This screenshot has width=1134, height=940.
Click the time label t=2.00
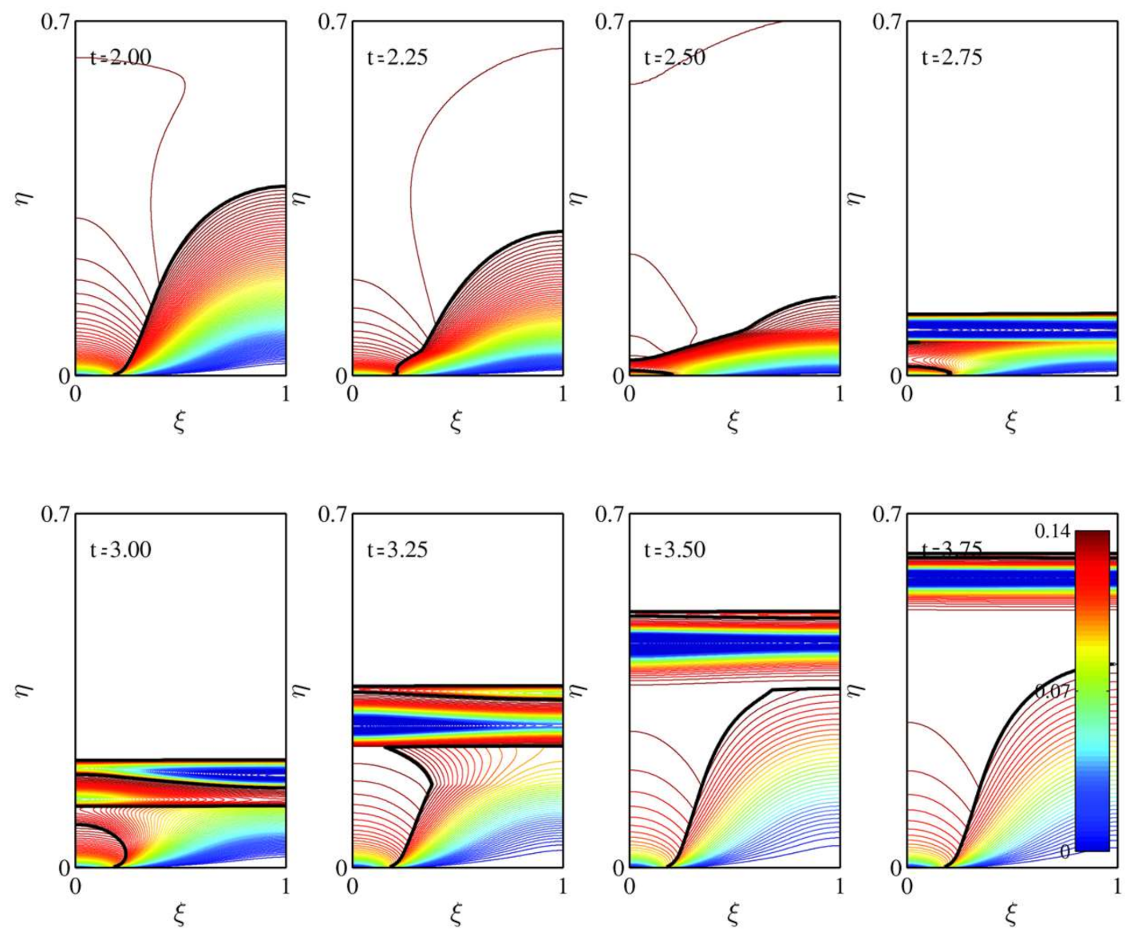[x=121, y=58]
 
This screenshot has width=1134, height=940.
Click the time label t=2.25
[x=397, y=58]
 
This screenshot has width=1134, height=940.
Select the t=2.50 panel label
[x=674, y=58]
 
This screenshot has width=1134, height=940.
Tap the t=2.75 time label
[x=952, y=58]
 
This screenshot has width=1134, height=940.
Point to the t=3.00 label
[x=121, y=550]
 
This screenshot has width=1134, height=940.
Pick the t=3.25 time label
[x=397, y=550]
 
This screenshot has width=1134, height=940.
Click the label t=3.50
[x=674, y=550]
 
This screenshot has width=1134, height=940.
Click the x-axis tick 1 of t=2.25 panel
[x=563, y=393]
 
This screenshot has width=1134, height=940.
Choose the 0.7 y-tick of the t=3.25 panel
[x=332, y=513]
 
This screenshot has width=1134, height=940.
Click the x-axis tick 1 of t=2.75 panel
[x=1117, y=393]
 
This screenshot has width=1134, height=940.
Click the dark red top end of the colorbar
[x=1092, y=536]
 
